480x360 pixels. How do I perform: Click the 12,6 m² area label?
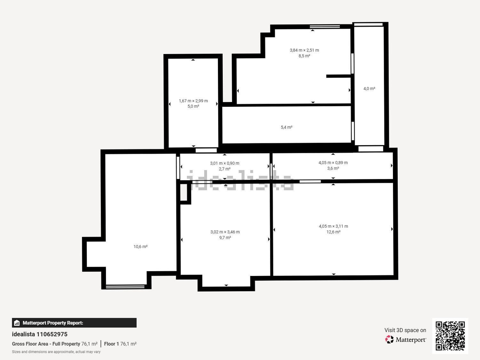333,232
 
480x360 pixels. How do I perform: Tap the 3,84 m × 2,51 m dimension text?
304,50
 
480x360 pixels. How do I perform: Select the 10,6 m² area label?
140,247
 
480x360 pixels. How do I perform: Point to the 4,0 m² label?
369,89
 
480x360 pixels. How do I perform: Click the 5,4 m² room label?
286,127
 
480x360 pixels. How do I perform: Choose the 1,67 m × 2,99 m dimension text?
193,101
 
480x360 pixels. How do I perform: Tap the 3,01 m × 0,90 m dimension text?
225,163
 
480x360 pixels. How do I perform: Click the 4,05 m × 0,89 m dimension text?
333,163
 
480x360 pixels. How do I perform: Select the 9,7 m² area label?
225,238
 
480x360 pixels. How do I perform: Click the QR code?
450,336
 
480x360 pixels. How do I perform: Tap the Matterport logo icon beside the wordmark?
389,340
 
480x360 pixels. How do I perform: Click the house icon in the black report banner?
17,323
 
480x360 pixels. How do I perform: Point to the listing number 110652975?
52,334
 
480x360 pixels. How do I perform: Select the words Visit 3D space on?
405,330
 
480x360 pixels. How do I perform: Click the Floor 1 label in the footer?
111,344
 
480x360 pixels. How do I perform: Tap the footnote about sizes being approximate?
56,352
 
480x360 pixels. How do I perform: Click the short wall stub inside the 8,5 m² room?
339,76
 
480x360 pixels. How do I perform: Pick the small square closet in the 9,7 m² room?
183,192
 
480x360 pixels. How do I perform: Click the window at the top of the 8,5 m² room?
325,27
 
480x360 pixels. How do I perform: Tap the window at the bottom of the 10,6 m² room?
125,286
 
